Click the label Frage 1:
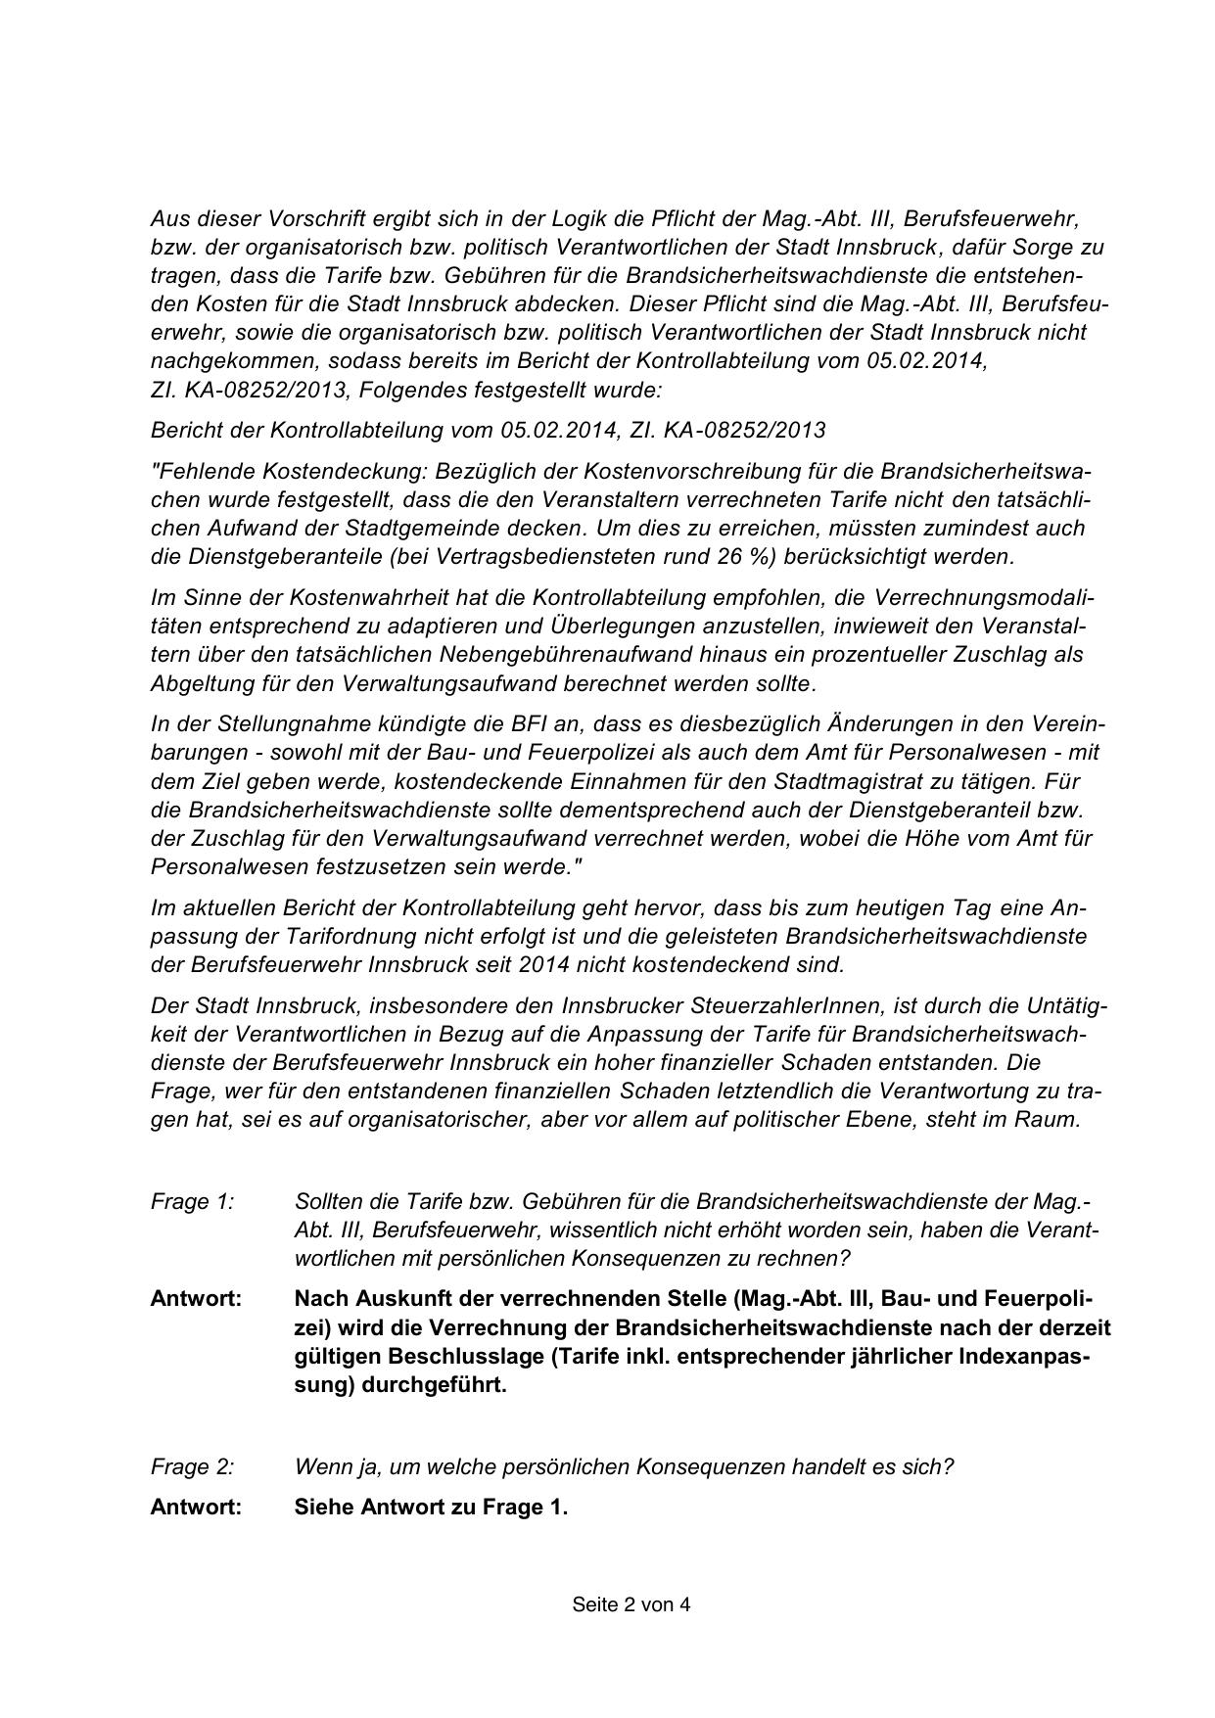192,1201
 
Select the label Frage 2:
192,1466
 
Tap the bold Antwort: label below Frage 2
196,1507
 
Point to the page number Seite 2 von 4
631,1604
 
